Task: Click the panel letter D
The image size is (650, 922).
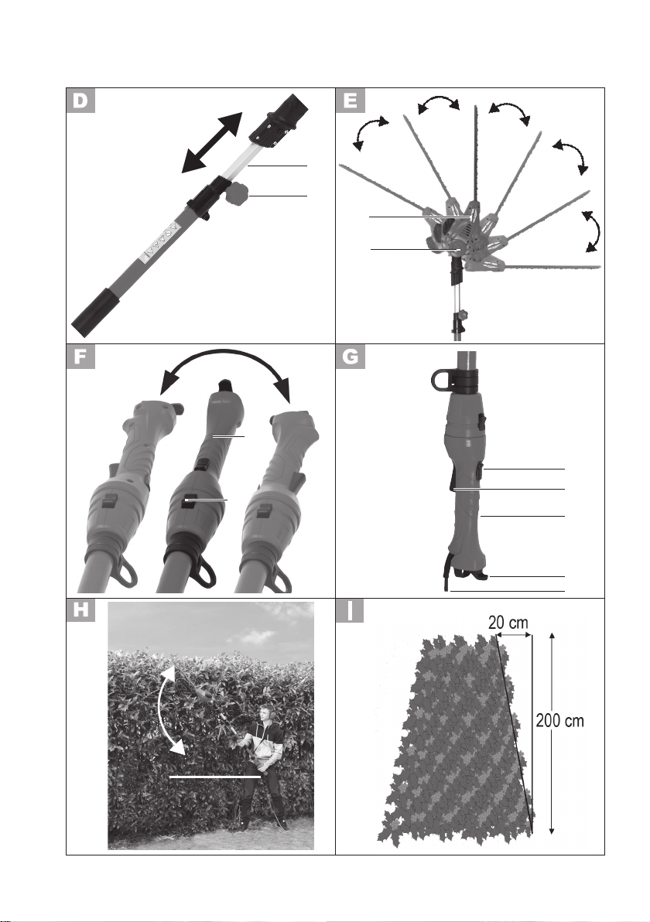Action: click(80, 100)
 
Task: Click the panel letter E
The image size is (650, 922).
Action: click(350, 100)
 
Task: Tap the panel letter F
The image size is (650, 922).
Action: click(80, 357)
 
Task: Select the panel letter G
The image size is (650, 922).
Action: click(350, 357)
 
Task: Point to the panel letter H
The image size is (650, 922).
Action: click(80, 610)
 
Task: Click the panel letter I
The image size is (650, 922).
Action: click(350, 610)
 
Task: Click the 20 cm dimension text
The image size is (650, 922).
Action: click(508, 622)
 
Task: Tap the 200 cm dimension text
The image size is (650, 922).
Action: click(560, 719)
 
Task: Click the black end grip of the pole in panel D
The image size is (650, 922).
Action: click(97, 308)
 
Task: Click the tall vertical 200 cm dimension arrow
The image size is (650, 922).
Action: click(551, 733)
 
